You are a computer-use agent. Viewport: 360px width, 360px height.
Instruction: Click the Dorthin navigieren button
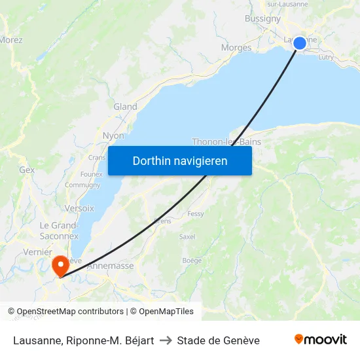coord(180,160)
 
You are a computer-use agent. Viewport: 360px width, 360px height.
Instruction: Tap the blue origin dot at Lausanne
coord(300,43)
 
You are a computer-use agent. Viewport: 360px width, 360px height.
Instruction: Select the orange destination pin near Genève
coord(60,266)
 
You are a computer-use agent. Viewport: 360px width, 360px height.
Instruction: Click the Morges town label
coord(236,48)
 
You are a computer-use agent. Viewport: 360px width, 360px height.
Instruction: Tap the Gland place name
coord(125,107)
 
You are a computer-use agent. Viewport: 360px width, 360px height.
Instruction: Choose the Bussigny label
coord(262,19)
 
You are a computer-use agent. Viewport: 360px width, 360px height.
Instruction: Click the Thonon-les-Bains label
coord(226,141)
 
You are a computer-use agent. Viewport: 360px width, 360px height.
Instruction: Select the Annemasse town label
coord(110,266)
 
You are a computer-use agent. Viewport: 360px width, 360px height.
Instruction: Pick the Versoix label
coord(79,208)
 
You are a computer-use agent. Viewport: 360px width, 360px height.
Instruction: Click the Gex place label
coord(27,170)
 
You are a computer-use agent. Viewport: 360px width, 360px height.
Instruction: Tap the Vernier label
coord(37,252)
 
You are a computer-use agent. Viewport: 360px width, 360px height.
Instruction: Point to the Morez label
coord(10,40)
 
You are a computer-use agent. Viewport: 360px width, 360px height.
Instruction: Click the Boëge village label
coord(192,261)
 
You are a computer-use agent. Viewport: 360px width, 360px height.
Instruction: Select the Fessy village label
coord(196,214)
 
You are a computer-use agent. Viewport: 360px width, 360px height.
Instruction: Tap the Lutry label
coord(326,58)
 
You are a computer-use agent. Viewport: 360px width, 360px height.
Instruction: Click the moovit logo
coord(321,340)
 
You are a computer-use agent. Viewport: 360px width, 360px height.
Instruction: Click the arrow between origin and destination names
coord(166,340)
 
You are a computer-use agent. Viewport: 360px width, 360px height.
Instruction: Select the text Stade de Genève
coord(218,340)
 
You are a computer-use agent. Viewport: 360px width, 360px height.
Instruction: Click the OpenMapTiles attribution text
coord(162,312)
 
